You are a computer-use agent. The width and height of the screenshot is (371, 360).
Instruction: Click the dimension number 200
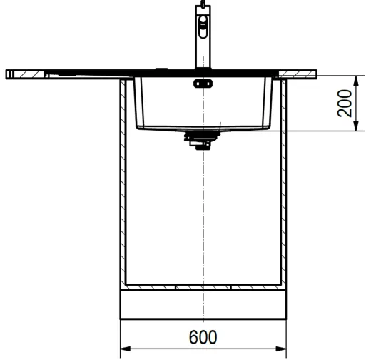tap(346, 104)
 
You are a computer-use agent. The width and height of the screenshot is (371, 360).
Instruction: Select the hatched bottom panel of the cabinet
tap(203, 288)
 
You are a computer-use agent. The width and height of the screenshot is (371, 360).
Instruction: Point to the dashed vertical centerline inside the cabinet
tap(204, 214)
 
